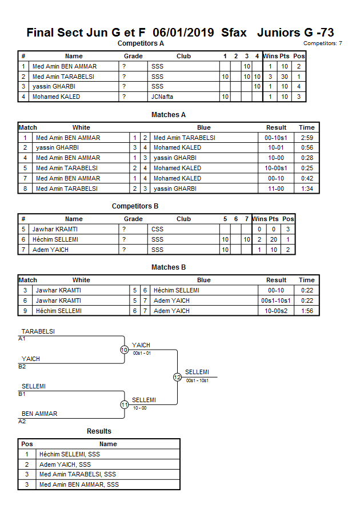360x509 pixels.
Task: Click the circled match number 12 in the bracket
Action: pyautogui.click(x=177, y=377)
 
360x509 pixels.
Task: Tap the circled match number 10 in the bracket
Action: pyautogui.click(x=124, y=350)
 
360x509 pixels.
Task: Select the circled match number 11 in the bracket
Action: pyautogui.click(x=124, y=404)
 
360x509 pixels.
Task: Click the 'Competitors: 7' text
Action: pyautogui.click(x=322, y=43)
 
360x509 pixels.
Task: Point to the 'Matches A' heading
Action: pyautogui.click(x=169, y=115)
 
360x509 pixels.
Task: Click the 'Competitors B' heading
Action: pyautogui.click(x=135, y=206)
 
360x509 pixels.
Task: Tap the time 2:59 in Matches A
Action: pyautogui.click(x=307, y=138)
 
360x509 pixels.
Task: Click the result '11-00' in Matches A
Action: pyautogui.click(x=277, y=189)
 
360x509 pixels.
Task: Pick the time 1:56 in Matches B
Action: pyautogui.click(x=307, y=311)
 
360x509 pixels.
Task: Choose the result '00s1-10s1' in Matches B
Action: pyautogui.click(x=277, y=300)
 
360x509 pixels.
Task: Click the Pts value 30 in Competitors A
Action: pyautogui.click(x=283, y=77)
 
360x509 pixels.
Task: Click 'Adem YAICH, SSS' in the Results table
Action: pyautogui.click(x=65, y=464)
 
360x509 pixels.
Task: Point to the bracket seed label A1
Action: pyautogui.click(x=22, y=339)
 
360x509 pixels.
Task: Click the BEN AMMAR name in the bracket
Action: pyautogui.click(x=39, y=414)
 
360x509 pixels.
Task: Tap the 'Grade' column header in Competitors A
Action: pyautogui.click(x=133, y=56)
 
